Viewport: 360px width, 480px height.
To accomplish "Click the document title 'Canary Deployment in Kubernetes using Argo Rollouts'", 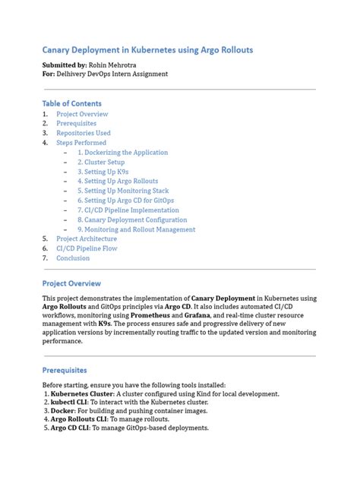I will tap(147, 49).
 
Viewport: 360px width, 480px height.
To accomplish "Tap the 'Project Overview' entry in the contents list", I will tap(82, 114).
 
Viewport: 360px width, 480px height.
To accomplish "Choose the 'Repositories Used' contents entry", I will tap(83, 133).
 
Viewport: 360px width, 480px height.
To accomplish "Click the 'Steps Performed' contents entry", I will tap(81, 143).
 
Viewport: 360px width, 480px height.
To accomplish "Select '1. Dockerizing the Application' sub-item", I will tap(122, 153).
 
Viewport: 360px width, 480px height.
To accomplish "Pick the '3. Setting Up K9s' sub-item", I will tap(104, 172).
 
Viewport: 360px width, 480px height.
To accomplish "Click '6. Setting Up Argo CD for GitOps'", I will tap(127, 201).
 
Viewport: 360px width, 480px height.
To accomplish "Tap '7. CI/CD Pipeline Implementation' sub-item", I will tap(128, 210).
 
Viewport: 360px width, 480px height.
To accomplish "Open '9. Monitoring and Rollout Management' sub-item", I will tap(136, 229).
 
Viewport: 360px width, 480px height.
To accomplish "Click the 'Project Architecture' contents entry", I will tap(87, 238).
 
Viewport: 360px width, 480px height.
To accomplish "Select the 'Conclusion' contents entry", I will tap(73, 258).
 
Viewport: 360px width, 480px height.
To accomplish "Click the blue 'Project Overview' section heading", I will tap(71, 283).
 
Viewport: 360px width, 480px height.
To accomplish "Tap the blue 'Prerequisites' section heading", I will tap(65, 370).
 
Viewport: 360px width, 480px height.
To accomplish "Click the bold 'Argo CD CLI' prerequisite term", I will tap(72, 428).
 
